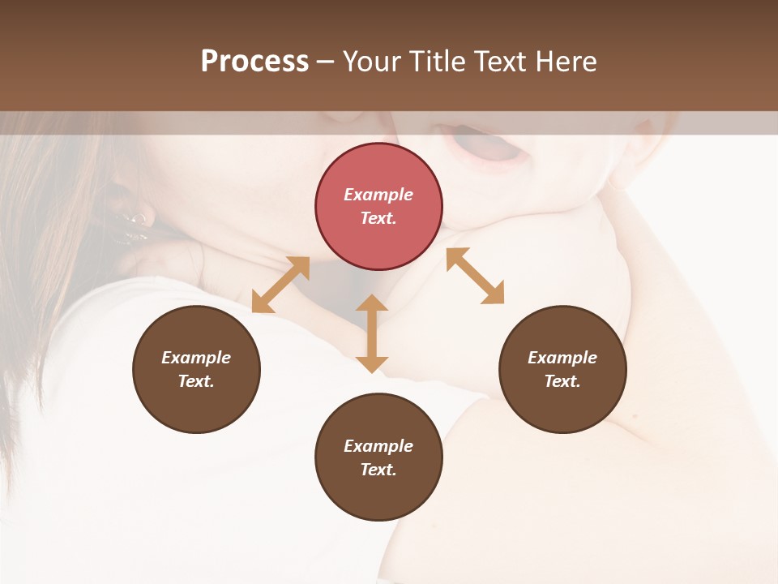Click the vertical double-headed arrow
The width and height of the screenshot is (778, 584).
pos(372,333)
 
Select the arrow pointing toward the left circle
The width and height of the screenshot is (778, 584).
pos(280,285)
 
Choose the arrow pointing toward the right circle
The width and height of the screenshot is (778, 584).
pos(475,276)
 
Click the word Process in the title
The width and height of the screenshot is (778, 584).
pos(254,61)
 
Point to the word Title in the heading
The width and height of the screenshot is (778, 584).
pos(438,61)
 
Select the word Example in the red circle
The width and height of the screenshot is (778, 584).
pos(378,195)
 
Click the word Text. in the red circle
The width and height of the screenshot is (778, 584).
pos(378,218)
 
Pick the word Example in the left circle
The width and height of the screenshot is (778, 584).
pos(196,358)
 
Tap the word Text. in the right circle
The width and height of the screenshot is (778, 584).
pos(562,381)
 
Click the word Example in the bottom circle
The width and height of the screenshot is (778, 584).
pos(378,446)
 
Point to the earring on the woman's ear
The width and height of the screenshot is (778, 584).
pos(135,222)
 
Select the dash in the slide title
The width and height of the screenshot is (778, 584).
pos(325,61)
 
